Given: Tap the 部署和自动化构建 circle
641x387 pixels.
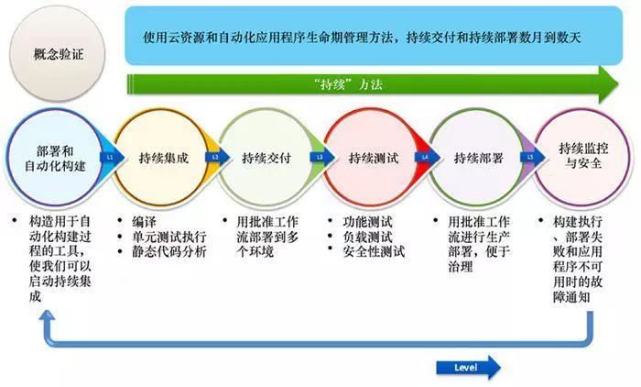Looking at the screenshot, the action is click(50, 157).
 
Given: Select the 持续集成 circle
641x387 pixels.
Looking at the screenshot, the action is click(162, 157).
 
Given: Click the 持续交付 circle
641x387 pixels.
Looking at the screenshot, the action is click(267, 157).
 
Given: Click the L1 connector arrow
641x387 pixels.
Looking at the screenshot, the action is click(109, 157).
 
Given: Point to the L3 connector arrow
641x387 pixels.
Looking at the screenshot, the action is click(320, 157).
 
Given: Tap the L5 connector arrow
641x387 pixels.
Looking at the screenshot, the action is click(530, 157).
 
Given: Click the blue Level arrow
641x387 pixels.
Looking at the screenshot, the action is click(468, 368).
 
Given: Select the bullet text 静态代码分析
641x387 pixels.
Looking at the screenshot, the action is click(170, 251).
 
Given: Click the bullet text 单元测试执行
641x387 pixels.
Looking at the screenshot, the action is click(170, 237).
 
